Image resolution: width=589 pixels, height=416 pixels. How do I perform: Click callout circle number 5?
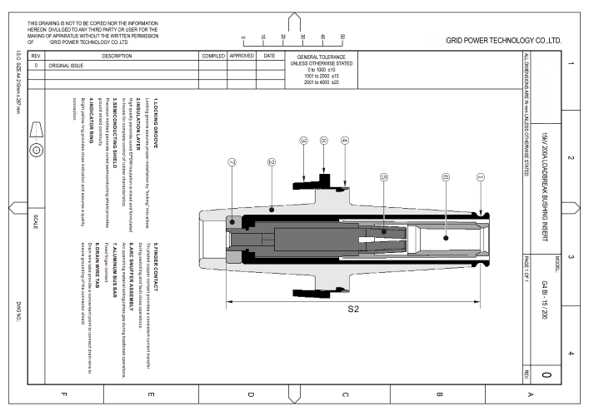click(x=383, y=177)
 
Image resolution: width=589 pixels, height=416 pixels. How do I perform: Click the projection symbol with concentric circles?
click(x=36, y=151)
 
